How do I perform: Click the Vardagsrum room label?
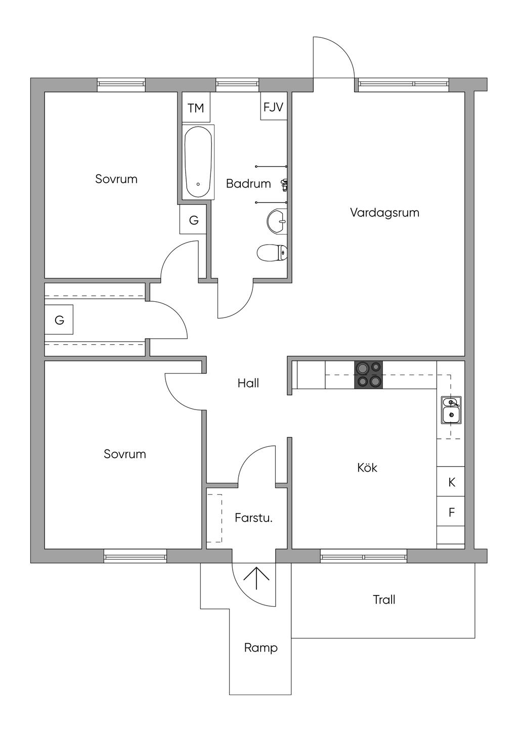(384, 213)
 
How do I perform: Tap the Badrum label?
(248, 184)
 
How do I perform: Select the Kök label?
(367, 467)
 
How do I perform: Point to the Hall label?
(248, 383)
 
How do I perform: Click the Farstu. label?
(254, 518)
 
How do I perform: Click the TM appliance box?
(196, 108)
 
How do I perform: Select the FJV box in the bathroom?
(273, 107)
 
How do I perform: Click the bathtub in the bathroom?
(198, 162)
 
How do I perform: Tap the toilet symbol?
(272, 253)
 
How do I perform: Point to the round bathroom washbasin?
(277, 221)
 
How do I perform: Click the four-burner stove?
(369, 375)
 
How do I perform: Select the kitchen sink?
(451, 410)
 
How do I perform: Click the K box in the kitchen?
(451, 482)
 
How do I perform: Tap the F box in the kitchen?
(451, 512)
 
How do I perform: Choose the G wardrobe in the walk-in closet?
(59, 319)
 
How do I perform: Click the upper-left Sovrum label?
(116, 179)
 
